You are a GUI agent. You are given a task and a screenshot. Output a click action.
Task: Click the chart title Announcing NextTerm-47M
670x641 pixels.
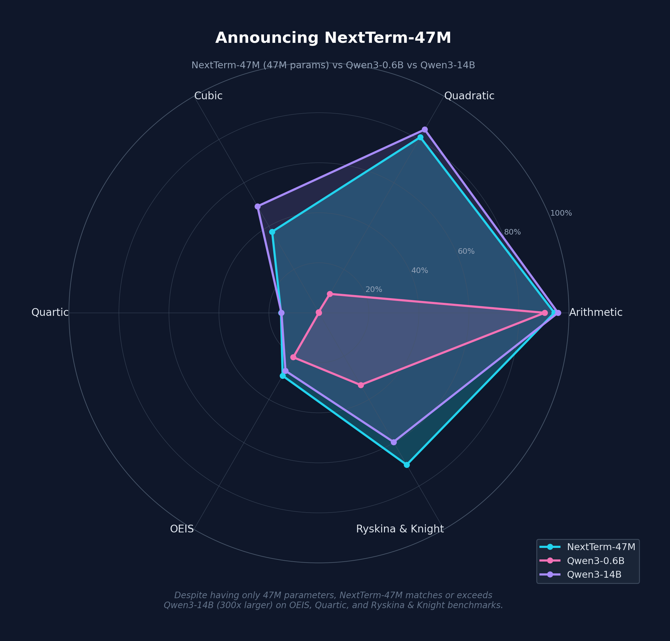[x=333, y=38]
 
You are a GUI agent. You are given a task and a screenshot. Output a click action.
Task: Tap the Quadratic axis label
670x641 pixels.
[x=469, y=96]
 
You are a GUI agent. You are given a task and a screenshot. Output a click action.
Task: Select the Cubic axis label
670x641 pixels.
[x=208, y=96]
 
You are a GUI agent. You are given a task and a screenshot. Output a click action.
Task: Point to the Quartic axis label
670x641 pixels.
[x=50, y=312]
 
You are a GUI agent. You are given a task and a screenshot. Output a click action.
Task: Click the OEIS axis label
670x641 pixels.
[x=182, y=529]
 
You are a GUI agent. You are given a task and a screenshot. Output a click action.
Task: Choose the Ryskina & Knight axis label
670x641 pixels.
[x=400, y=529]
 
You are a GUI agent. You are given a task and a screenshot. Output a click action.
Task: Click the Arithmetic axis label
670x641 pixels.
[x=596, y=312]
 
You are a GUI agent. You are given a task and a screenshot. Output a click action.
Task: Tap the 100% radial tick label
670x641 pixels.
[x=561, y=213]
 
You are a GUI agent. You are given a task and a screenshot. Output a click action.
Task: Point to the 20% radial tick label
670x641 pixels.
[x=374, y=290]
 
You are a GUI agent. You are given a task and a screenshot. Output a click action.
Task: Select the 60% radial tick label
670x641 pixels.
[x=466, y=252]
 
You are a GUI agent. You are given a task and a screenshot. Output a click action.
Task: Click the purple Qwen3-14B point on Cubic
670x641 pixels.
[x=258, y=206]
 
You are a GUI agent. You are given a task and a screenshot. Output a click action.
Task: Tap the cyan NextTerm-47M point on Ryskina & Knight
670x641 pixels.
[x=407, y=465]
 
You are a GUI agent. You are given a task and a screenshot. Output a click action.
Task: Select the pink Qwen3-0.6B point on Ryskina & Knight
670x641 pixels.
[x=361, y=385]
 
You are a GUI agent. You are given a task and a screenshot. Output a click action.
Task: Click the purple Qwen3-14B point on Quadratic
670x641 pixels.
[x=425, y=129]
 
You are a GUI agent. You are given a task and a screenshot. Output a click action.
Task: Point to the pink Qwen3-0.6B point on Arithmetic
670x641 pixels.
[x=545, y=313]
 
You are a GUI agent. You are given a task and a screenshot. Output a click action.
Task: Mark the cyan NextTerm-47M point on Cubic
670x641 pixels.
[x=272, y=232]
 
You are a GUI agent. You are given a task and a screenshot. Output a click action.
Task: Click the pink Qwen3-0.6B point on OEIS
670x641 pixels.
[x=293, y=357]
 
